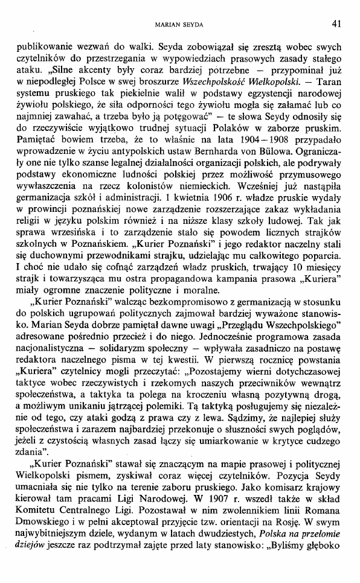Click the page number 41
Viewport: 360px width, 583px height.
336,24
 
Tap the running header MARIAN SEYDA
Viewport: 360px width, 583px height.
180,25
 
